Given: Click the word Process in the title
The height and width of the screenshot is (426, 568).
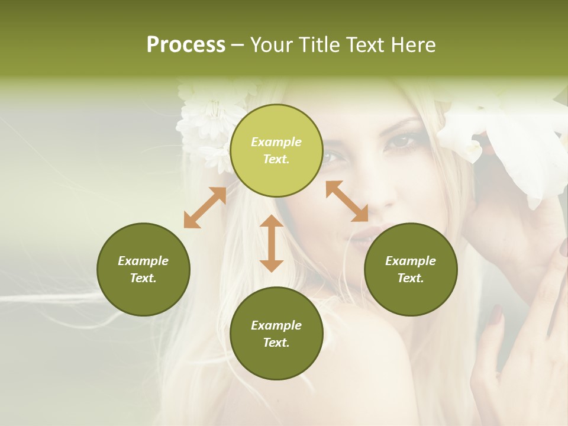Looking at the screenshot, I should [x=186, y=45].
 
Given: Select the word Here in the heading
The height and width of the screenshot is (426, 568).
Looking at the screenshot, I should [x=414, y=45].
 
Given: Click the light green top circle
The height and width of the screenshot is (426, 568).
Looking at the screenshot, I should [x=276, y=150].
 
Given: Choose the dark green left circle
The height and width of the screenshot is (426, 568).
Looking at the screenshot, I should [x=143, y=269].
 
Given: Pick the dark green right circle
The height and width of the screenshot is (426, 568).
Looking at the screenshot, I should [x=411, y=269].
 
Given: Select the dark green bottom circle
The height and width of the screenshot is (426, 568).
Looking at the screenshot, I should [x=276, y=334].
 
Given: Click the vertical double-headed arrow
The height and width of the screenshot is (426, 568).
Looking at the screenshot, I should [x=272, y=243].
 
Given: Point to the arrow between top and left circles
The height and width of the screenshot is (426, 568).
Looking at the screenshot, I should [x=205, y=208].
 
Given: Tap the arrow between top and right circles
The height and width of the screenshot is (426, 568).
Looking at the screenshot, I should [x=347, y=201].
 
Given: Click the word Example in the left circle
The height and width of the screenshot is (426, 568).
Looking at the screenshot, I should [x=143, y=261].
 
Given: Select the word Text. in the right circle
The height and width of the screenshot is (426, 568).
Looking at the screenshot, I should [x=411, y=278].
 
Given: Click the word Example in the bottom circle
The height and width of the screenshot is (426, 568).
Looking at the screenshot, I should [x=276, y=325].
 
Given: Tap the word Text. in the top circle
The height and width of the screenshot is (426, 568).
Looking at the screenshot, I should [x=276, y=159].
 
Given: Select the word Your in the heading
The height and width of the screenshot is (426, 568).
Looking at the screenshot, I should [x=272, y=45].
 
